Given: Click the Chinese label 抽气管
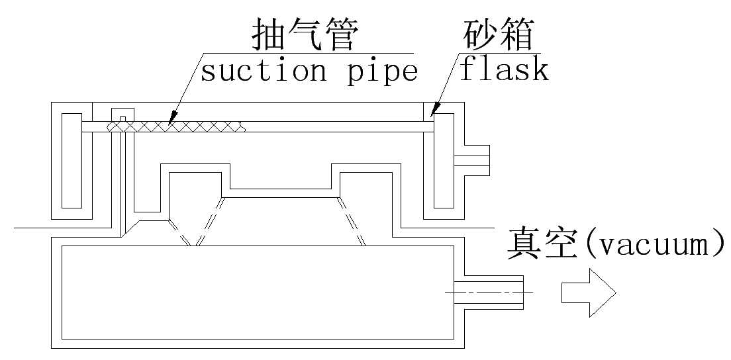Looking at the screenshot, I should coord(304,36).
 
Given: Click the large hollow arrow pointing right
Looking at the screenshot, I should coord(589,292).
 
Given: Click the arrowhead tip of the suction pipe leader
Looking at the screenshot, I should coord(170,123).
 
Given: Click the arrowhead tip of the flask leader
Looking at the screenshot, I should coord(431,116).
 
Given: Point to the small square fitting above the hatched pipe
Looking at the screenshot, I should coord(122,116).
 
